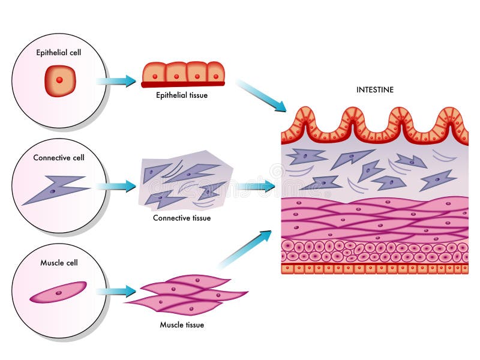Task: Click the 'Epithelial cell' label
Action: pos(59,52)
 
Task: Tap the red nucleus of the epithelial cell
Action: pos(59,80)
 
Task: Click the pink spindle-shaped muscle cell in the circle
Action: pos(58,292)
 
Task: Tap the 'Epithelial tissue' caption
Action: pos(182,95)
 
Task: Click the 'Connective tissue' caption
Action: pos(182,218)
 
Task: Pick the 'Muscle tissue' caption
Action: pos(182,325)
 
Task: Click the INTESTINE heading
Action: pos(375,89)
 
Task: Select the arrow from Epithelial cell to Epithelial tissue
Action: pos(117,81)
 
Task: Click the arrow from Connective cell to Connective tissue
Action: pos(117,186)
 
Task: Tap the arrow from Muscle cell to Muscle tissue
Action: pos(117,292)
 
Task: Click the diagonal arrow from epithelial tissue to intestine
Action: pos(261,95)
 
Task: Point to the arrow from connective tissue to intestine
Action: pos(255,187)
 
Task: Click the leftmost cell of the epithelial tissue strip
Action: pos(153,73)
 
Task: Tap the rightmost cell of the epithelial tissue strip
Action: pos(215,73)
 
